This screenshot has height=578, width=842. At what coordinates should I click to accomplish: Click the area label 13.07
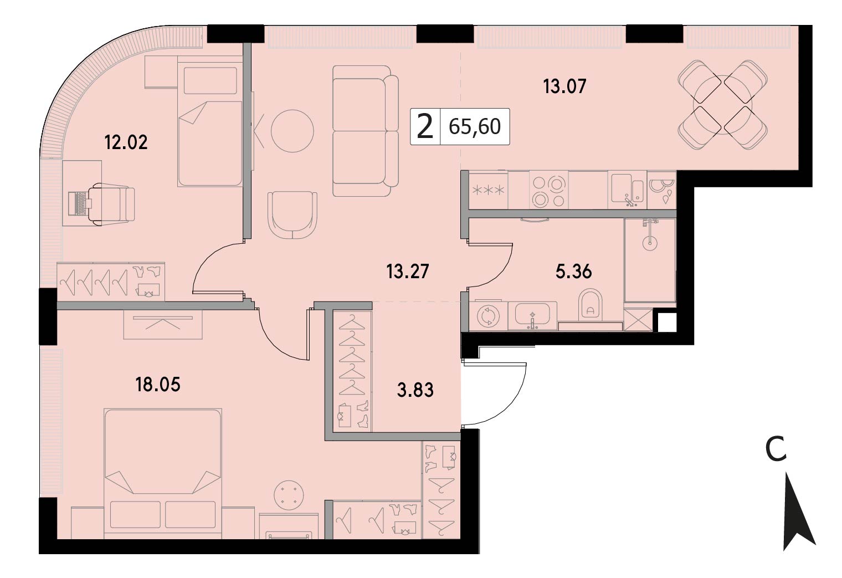point(564,86)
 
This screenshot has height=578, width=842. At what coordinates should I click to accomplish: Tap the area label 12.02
point(126,143)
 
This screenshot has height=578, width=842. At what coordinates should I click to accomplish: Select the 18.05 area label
point(158,385)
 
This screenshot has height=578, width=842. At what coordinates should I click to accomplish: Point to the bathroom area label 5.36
point(574,271)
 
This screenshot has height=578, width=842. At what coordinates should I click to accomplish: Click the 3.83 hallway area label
point(415,390)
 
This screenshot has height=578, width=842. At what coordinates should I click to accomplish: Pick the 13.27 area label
point(408,271)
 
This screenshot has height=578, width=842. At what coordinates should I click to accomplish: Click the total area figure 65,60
point(475,126)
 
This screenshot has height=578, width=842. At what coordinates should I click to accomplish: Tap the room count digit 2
point(425,127)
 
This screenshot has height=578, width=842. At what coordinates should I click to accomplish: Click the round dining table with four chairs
point(722,105)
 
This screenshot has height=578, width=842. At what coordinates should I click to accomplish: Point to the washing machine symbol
point(488,316)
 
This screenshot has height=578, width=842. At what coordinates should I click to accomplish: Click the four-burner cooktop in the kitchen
point(549,190)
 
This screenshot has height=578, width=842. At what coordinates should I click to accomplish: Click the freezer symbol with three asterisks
point(488,190)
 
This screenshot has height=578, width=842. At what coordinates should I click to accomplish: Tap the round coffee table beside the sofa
point(292,131)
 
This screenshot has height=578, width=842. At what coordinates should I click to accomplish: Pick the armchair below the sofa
point(292,215)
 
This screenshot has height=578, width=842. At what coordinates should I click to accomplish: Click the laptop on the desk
point(80,203)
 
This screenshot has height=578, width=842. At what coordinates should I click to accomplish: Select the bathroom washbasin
point(532,315)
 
